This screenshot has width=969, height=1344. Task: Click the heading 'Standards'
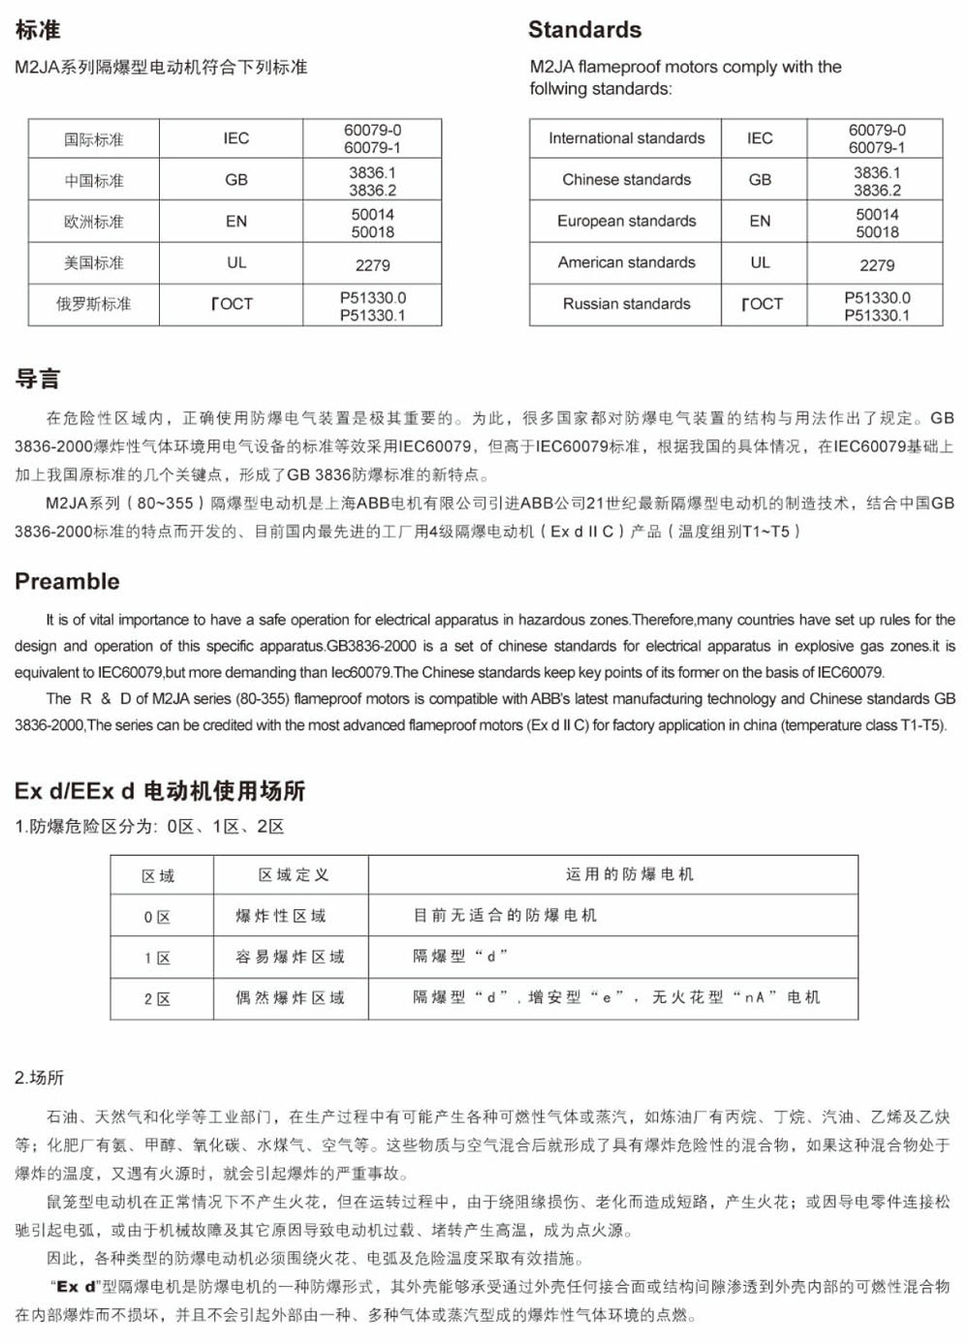point(584,30)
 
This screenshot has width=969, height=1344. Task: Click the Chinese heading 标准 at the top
point(38,30)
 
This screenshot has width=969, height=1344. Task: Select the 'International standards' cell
point(626,138)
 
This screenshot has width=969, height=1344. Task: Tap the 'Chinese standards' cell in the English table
point(626,180)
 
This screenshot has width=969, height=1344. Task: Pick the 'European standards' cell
point(626,221)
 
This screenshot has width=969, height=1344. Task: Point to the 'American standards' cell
point(626,262)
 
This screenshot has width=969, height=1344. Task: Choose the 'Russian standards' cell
point(626,304)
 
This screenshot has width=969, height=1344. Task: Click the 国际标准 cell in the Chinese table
point(94,139)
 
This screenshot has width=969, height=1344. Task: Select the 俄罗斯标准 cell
point(94,304)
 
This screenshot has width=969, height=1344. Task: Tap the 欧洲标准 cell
point(94,222)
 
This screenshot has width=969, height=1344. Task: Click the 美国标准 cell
point(94,263)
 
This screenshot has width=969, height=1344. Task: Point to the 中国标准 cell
point(94,181)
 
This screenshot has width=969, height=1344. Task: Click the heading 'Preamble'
point(67,581)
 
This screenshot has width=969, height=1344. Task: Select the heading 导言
point(38,379)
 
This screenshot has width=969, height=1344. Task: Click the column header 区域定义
point(293,875)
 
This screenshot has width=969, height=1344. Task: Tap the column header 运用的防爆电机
point(630,874)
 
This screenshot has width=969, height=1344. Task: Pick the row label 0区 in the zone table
point(158,917)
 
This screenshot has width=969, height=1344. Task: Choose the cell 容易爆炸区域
point(290,957)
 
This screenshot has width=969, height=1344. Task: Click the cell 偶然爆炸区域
point(290,997)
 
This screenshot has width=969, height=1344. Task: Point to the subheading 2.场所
point(40,1078)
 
